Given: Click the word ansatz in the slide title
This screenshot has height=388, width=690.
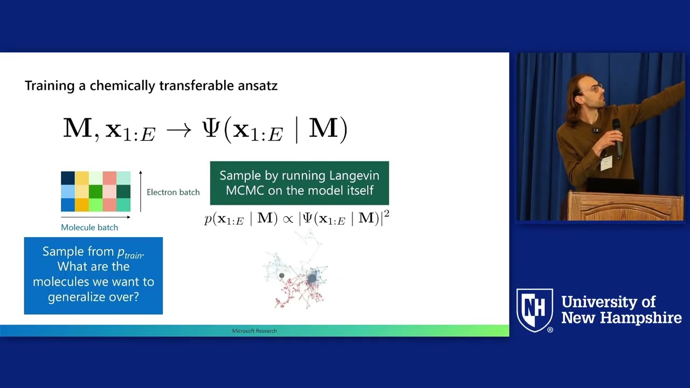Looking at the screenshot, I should tap(254, 86).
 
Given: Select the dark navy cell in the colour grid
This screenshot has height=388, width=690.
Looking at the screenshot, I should tap(67, 178).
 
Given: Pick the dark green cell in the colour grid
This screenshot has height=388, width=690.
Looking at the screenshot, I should tap(95, 191).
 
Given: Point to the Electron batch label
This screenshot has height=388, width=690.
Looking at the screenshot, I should tap(173, 192).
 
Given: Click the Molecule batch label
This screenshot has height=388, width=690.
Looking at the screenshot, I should tap(89, 227).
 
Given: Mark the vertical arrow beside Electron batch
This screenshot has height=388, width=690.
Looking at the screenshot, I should tap(141, 191).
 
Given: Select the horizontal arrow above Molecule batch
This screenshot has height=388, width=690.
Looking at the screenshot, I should tap(95, 217).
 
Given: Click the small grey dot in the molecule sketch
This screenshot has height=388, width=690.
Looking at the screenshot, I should tap(281, 276).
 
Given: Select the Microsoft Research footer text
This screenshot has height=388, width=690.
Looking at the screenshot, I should tap(254, 331).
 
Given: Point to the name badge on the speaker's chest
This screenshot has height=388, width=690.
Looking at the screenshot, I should tap(606, 163).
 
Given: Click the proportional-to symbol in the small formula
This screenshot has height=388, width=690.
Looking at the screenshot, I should tap(288, 219).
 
